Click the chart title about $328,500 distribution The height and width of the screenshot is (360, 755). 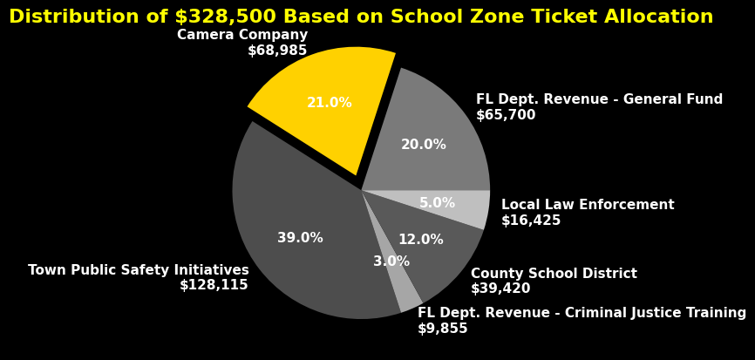coord(361,17)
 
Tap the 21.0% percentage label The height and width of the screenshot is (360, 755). coord(330,103)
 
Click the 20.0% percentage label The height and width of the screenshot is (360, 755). coord(424,145)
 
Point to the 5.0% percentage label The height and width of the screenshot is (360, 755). coord(437,203)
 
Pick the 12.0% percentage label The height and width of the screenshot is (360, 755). coord(421,240)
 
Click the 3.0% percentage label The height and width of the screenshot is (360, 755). coord(391,262)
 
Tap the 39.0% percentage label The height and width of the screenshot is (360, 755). coord(300,238)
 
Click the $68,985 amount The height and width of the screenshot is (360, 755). coord(277,51)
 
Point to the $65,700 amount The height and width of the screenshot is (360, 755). coord(506,115)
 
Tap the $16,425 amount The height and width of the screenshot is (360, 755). coord(531,221)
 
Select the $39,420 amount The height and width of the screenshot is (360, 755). coord(500,289)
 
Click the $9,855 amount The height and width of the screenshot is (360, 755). coord(443,329)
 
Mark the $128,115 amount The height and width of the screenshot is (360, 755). coord(214,285)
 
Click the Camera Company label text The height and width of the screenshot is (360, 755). coord(242,35)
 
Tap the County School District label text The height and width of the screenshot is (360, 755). coord(554,274)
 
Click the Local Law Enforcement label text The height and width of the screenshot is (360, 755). coord(588,205)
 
